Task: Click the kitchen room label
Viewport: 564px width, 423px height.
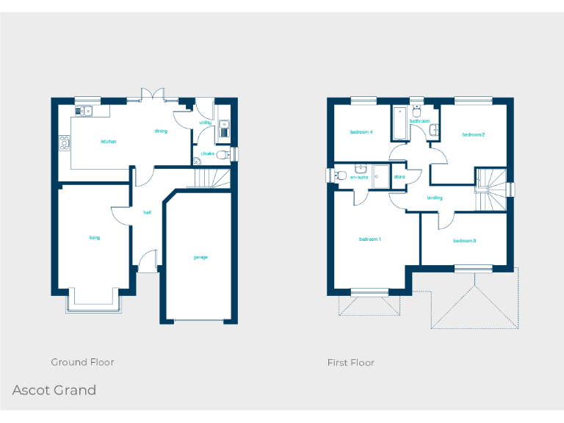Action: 109,141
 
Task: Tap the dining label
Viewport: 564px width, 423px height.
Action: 161,131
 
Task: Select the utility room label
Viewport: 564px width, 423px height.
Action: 206,123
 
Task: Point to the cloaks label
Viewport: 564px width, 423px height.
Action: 207,153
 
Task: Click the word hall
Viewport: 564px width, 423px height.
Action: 147,212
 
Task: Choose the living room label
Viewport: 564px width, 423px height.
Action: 95,238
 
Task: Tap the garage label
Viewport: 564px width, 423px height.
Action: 200,257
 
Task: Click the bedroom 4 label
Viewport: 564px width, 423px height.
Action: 361,132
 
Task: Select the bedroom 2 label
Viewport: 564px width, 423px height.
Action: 474,134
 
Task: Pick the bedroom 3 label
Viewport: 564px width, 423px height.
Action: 464,241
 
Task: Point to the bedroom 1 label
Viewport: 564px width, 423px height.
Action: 370,239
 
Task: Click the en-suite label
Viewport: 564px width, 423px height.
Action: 359,177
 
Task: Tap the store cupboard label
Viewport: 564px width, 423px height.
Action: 399,177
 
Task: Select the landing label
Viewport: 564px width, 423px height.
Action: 435,198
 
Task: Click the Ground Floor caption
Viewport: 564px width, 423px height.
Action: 82,362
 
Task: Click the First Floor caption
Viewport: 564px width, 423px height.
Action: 350,363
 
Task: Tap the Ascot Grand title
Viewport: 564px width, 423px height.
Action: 54,390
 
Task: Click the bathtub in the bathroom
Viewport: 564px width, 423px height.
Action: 400,122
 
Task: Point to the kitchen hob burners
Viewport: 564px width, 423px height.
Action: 65,143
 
